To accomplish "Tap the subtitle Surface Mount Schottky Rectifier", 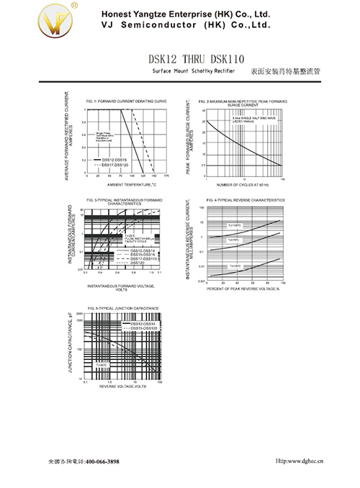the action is tap(194, 73).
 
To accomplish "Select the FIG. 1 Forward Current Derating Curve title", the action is tap(126, 101).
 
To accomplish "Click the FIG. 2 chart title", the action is tap(243, 103).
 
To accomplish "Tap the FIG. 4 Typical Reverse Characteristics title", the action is tap(245, 199).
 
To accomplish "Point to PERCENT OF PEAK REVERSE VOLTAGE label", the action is tap(243, 289).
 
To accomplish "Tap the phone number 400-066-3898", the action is tap(102, 461).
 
